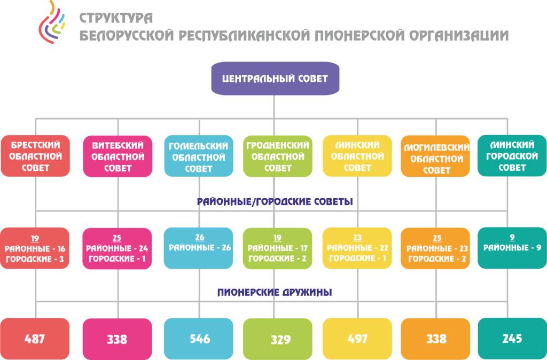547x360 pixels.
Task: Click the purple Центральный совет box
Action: click(x=275, y=79)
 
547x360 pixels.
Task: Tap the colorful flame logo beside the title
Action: click(x=52, y=22)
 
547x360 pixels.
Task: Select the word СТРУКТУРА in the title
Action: click(x=116, y=18)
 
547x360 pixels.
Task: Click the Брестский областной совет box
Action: click(x=35, y=156)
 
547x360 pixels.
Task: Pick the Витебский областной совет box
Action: click(x=118, y=156)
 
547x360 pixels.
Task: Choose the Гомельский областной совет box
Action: click(x=199, y=156)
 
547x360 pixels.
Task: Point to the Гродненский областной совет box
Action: click(x=278, y=156)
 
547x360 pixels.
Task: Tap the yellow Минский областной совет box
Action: click(x=357, y=156)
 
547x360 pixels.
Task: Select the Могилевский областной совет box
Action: click(x=436, y=156)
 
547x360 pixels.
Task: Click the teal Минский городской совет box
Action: click(x=512, y=155)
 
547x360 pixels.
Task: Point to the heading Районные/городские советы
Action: click(x=275, y=201)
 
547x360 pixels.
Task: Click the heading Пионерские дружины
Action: click(x=275, y=292)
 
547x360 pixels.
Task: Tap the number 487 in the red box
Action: click(x=35, y=339)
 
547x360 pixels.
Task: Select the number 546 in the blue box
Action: click(x=200, y=339)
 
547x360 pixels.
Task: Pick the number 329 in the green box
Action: click(x=281, y=339)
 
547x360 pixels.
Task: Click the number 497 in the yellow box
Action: click(x=357, y=339)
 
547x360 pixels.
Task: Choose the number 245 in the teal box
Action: click(x=512, y=339)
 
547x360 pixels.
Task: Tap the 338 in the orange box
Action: click(x=436, y=339)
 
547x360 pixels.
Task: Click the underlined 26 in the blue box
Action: click(x=200, y=238)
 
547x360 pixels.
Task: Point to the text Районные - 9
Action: click(x=512, y=248)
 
